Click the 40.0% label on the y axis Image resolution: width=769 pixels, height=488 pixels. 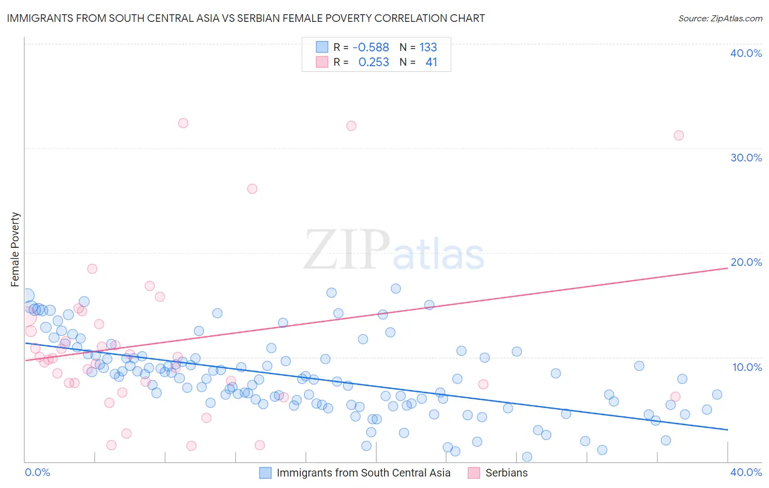tap(746, 53)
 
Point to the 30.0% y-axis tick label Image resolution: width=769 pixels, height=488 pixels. tap(746, 158)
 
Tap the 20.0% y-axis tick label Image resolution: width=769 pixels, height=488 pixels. tap(746, 262)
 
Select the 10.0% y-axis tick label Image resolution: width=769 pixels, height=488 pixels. tap(747, 367)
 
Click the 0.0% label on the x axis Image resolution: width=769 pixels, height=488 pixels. tap(37, 472)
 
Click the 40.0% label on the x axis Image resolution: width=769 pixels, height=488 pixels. tap(746, 472)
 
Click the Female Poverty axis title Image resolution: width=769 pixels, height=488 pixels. tap(15, 249)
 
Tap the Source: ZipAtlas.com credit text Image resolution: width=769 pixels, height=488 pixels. tap(720, 18)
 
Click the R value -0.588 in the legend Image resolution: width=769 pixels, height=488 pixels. tap(370, 48)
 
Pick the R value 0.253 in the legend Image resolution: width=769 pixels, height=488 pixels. tap(374, 62)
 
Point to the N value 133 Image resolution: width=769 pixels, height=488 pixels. tap(428, 48)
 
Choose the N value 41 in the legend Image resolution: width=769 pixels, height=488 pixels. tap(431, 62)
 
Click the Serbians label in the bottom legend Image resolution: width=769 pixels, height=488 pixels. tap(506, 473)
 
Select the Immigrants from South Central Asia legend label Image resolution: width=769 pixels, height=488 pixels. tap(363, 473)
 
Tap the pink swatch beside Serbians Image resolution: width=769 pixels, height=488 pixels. tap(474, 473)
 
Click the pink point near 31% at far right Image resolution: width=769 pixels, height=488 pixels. tap(679, 135)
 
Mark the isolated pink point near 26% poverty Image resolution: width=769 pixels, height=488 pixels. tap(252, 189)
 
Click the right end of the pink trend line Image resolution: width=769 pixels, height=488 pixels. tap(727, 268)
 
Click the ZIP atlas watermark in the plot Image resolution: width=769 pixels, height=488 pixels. tap(394, 251)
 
